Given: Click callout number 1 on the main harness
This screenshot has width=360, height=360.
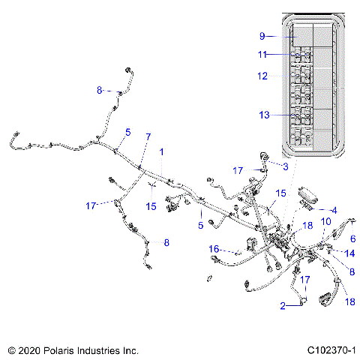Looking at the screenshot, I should tap(160, 151).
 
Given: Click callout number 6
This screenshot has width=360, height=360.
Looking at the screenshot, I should tap(352, 238).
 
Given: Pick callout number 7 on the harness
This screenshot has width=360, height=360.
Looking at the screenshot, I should tap(148, 136).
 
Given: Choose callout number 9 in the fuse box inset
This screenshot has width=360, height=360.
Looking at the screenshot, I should tap(262, 35).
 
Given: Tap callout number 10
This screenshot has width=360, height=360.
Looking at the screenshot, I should tap(325, 222).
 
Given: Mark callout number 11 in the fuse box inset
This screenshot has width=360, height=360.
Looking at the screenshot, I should tap(262, 54).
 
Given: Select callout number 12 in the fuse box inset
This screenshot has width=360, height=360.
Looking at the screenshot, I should tap(262, 76).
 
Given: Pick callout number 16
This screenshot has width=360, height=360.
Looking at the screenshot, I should tap(214, 247).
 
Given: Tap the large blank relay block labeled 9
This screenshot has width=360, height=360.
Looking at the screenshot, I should tap(305, 35).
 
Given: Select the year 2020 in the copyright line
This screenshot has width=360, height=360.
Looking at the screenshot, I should tap(28, 349).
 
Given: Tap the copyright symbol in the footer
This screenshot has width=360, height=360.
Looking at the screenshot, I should tap(10, 349).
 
